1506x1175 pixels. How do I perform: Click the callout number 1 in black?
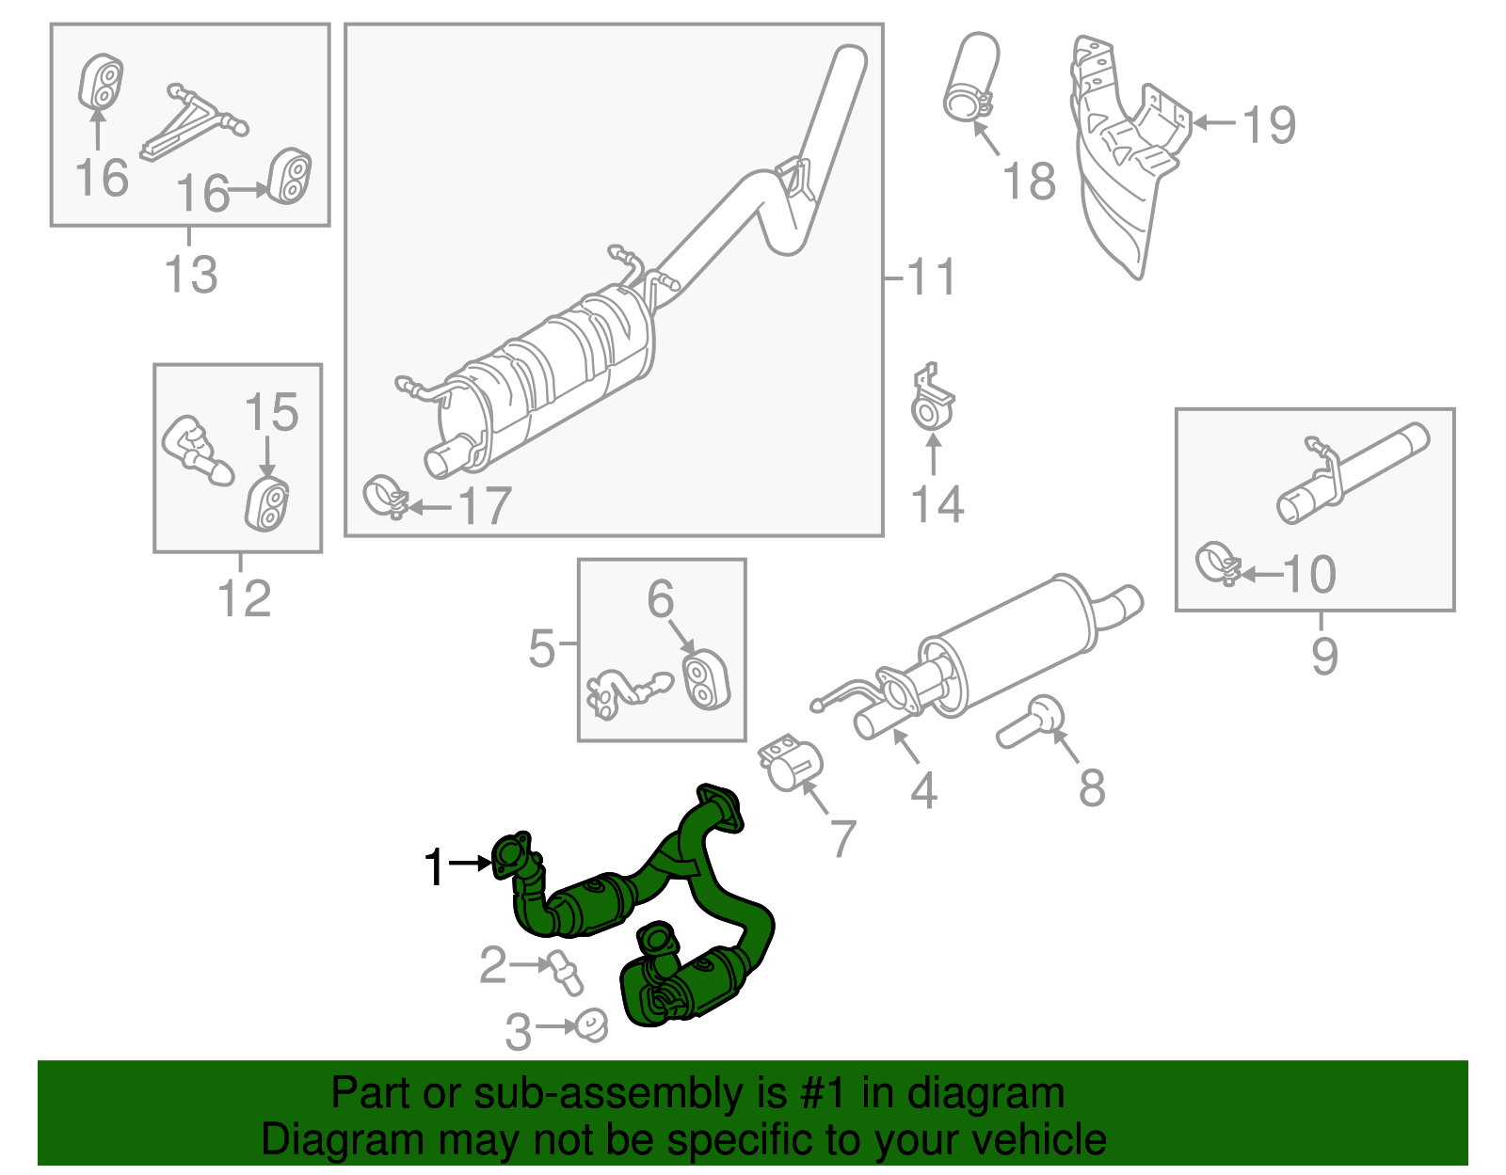point(434,866)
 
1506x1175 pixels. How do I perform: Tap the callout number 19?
point(1269,124)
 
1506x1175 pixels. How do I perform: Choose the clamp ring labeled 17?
point(384,496)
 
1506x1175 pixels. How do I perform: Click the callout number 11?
point(931,278)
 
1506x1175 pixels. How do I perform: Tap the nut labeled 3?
point(591,1024)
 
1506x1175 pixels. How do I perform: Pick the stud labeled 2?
point(566,973)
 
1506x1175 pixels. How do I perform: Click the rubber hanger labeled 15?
point(268,505)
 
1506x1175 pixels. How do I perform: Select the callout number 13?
point(191,275)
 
